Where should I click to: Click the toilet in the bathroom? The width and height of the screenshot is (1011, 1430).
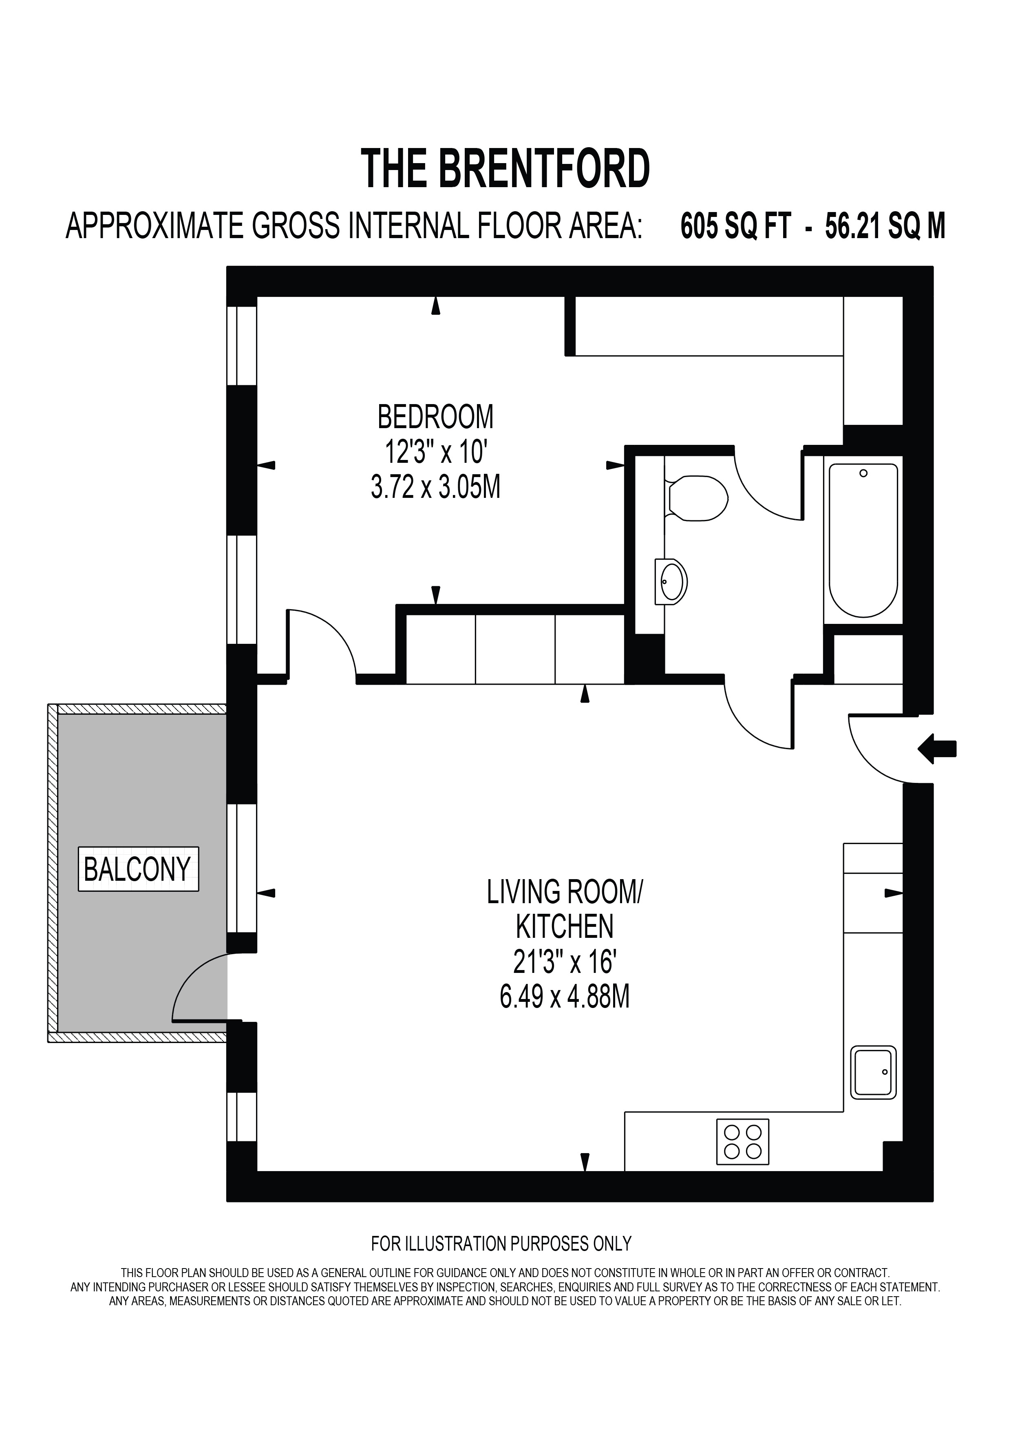click(696, 497)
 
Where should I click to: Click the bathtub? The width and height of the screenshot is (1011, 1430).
click(863, 540)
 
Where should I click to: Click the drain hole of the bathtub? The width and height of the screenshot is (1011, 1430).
click(863, 473)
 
